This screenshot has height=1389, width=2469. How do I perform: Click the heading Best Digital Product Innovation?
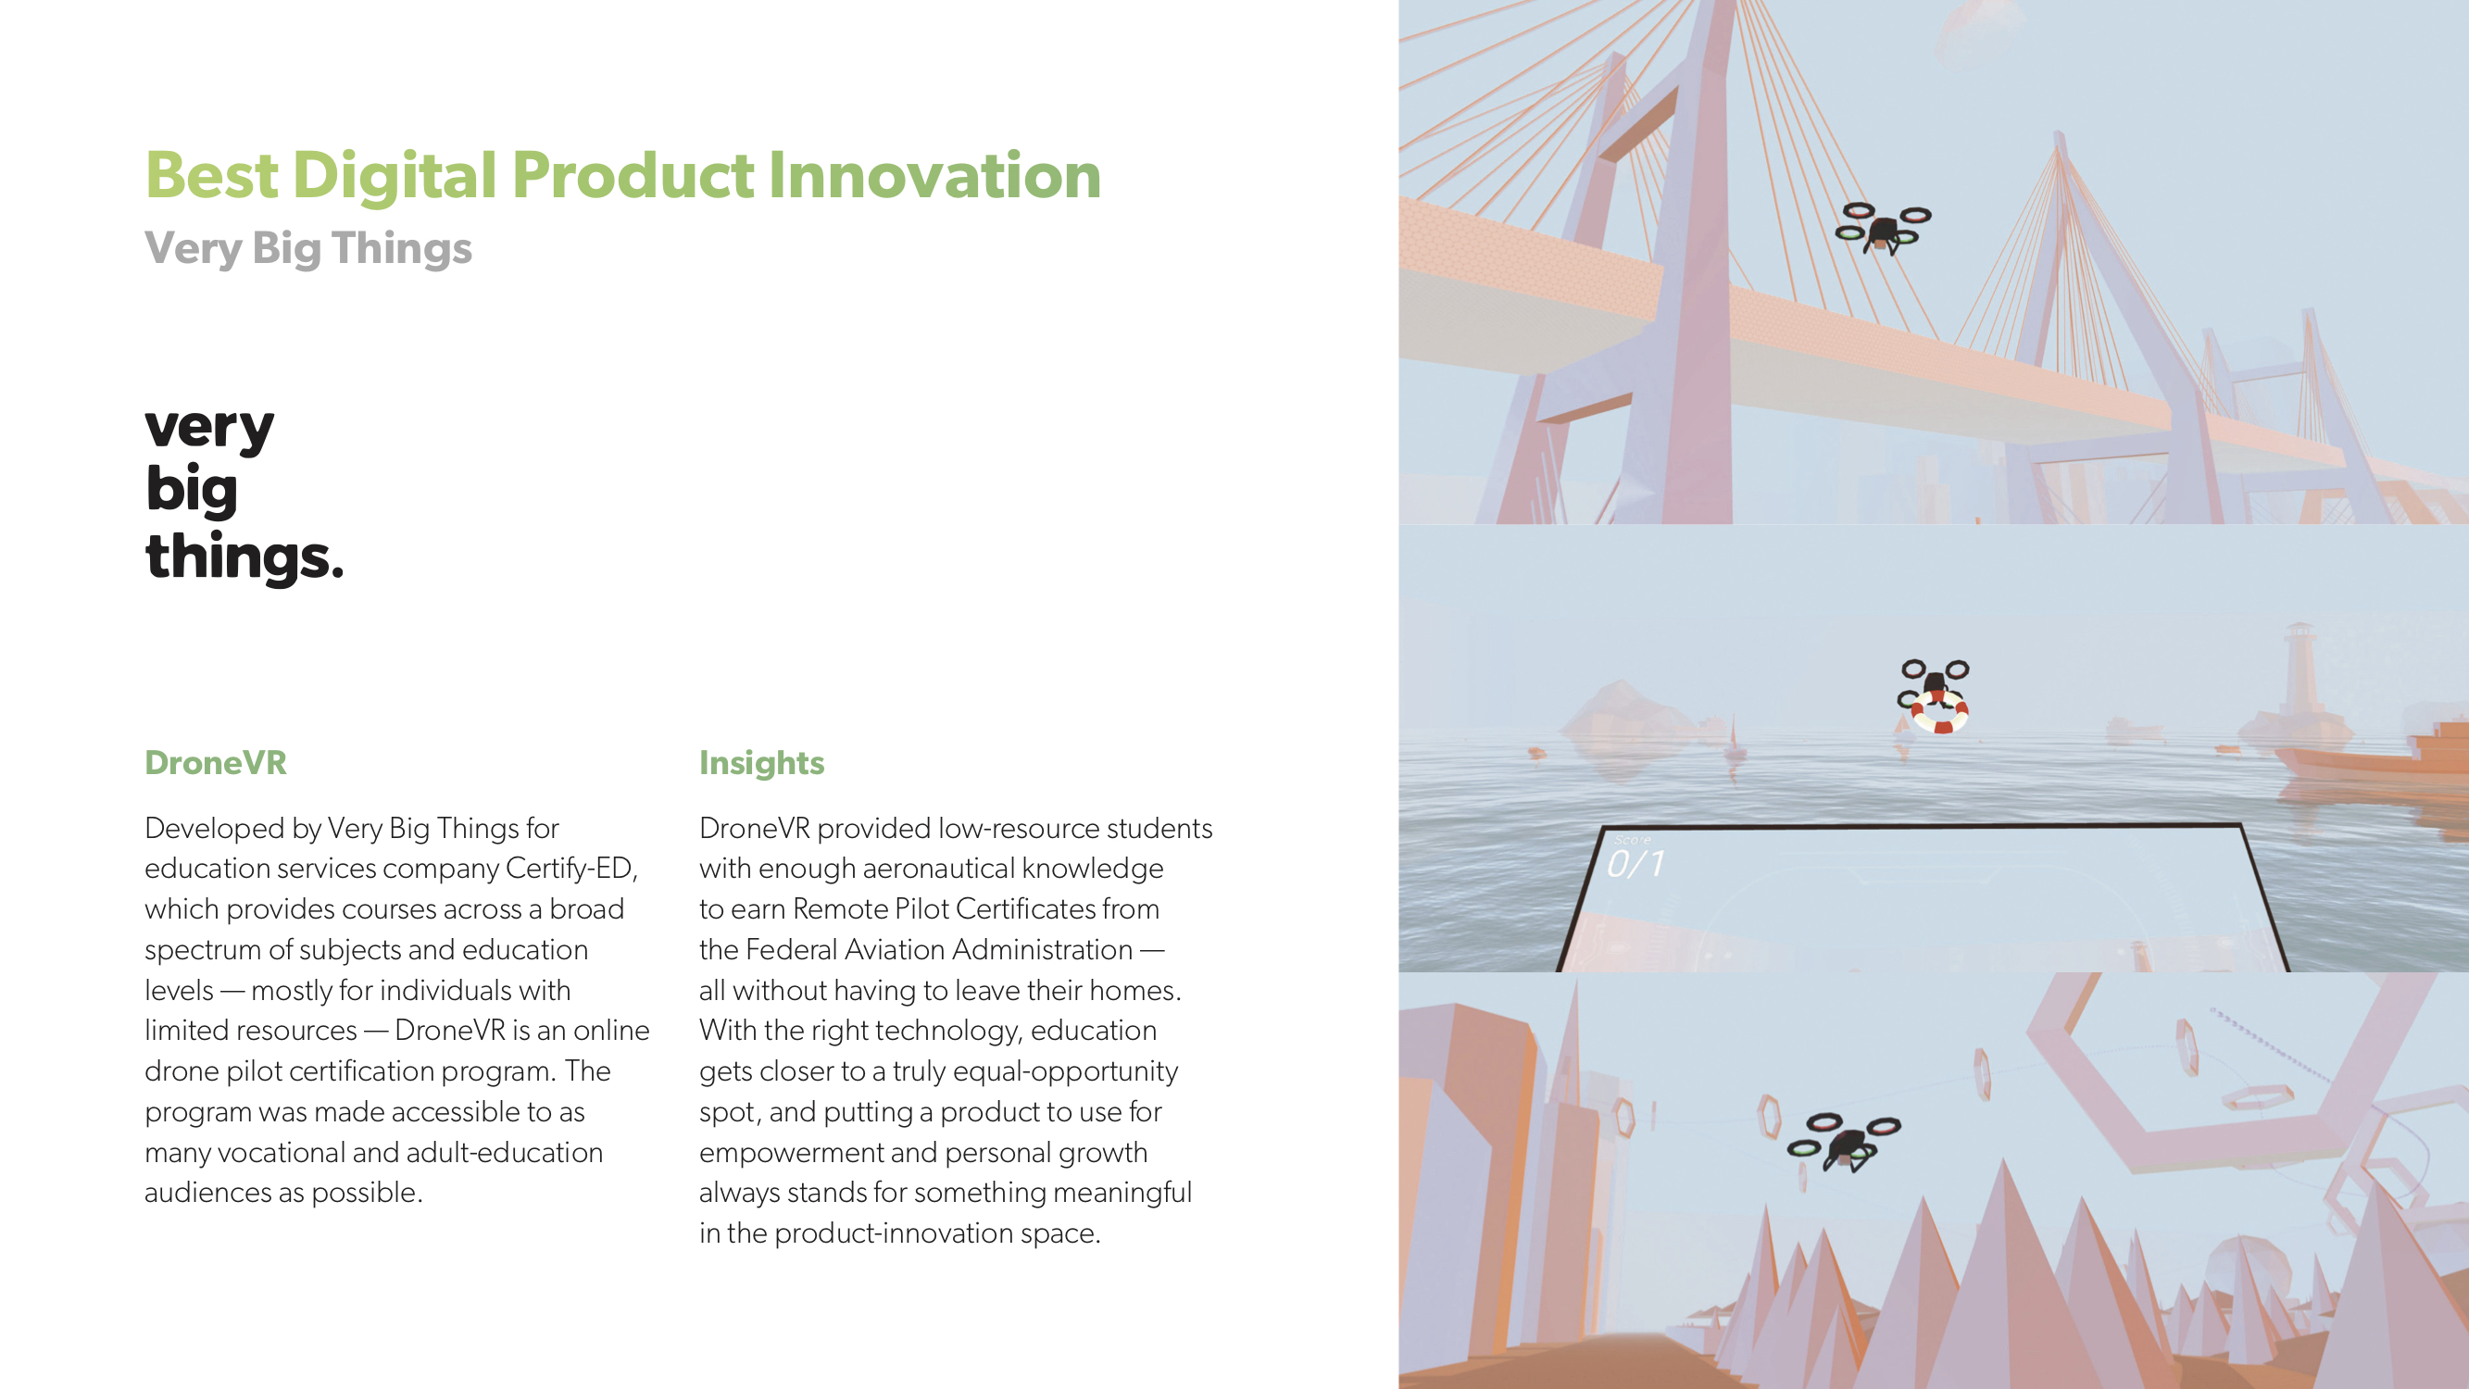[x=623, y=175]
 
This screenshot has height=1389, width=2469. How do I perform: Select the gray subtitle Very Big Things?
[x=308, y=248]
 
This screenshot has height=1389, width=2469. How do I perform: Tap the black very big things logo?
[x=244, y=494]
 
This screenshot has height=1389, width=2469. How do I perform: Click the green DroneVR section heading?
[x=216, y=763]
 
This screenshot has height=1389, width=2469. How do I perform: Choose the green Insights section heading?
[x=762, y=763]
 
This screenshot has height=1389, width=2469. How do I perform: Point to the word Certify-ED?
[x=571, y=869]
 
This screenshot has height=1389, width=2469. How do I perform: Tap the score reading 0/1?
[x=1636, y=864]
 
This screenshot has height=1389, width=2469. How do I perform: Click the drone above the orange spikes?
[x=1844, y=1142]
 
